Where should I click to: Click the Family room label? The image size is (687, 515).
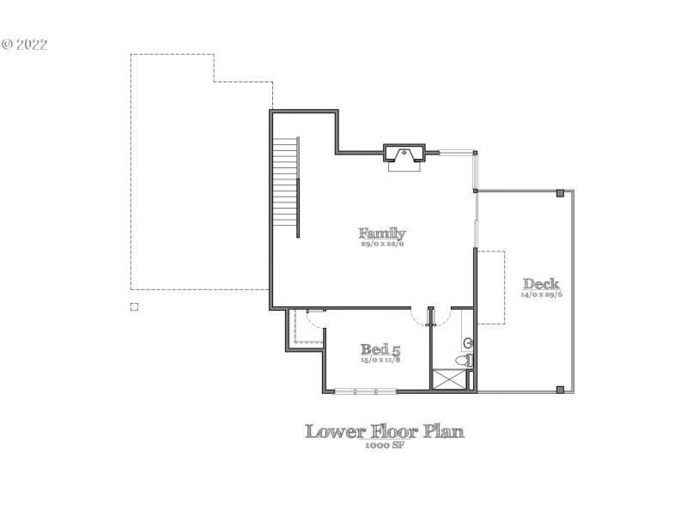pyautogui.click(x=382, y=233)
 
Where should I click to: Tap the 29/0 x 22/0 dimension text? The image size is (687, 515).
pyautogui.click(x=382, y=244)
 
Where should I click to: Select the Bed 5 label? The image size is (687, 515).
pyautogui.click(x=380, y=349)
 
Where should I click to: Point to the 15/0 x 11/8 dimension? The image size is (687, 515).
pyautogui.click(x=380, y=360)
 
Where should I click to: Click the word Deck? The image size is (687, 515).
pyautogui.click(x=541, y=284)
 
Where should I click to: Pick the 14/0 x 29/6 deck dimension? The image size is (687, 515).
pyautogui.click(x=541, y=294)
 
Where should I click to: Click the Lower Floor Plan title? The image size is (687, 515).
pyautogui.click(x=385, y=431)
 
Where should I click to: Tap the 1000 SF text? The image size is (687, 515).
pyautogui.click(x=385, y=446)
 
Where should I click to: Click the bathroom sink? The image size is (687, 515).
pyautogui.click(x=469, y=343)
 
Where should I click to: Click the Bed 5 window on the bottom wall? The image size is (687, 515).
pyautogui.click(x=365, y=391)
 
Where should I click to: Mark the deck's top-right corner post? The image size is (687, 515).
pyautogui.click(x=561, y=192)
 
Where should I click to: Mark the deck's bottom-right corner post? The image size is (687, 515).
pyautogui.click(x=561, y=390)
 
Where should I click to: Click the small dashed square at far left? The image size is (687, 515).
pyautogui.click(x=134, y=306)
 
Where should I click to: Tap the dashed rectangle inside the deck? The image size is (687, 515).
pyautogui.click(x=490, y=288)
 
